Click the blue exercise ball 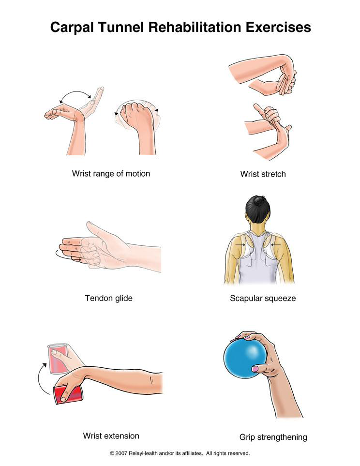[245, 358]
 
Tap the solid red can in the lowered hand [68, 394]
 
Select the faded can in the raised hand [58, 358]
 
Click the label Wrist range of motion [111, 174]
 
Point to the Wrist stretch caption [263, 174]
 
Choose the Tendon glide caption [108, 298]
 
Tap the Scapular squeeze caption [263, 299]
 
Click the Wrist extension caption [111, 436]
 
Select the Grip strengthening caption [273, 437]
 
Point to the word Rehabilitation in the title [195, 27]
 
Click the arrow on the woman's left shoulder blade [240, 245]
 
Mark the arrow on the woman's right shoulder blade [276, 245]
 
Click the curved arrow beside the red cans [41, 378]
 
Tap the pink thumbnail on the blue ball [255, 369]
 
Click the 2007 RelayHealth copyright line [180, 453]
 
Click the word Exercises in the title [278, 27]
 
